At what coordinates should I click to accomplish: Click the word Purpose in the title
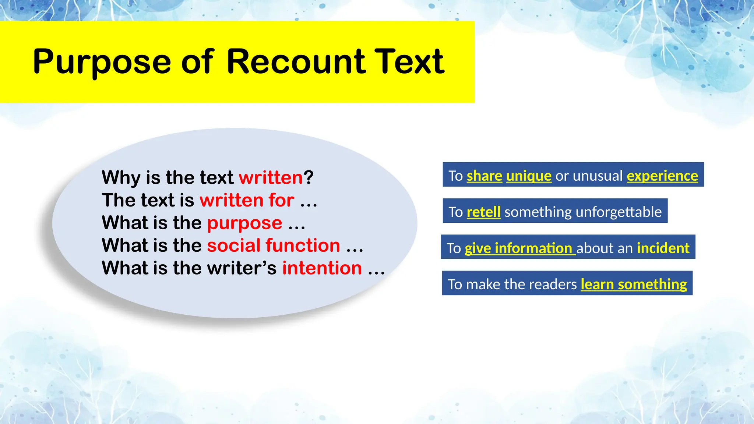tap(102, 62)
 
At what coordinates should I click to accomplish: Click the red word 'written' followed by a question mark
tap(271, 177)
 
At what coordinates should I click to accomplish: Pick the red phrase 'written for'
tap(247, 200)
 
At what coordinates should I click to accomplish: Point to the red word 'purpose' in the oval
tap(244, 223)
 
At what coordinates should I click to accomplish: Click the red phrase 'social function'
tap(273, 245)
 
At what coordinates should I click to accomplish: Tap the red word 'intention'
tap(322, 268)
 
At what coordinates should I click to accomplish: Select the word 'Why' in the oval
tap(120, 177)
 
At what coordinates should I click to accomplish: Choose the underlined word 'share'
tap(484, 176)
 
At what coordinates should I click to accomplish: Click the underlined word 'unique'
tap(529, 176)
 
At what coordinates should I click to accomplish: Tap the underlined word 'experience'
tap(662, 176)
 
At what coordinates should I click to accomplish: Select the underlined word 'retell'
tap(483, 212)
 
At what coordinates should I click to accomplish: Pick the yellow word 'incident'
tap(663, 248)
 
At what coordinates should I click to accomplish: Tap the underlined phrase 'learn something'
tap(634, 285)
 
